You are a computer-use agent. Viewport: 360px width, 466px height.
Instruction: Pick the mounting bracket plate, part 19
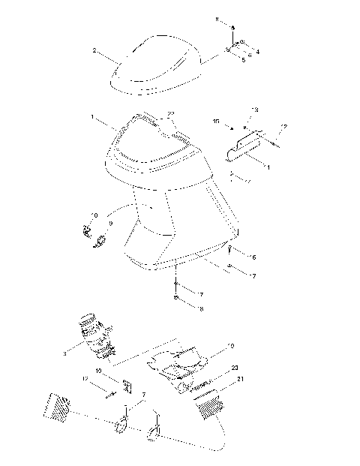click(x=180, y=359)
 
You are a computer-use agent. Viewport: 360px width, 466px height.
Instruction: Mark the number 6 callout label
click(x=253, y=257)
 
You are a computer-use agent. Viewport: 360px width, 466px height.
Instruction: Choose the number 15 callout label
click(x=216, y=120)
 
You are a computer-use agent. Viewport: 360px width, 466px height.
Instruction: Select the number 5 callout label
click(x=243, y=59)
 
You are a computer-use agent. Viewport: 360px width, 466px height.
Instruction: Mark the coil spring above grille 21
click(x=208, y=391)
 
